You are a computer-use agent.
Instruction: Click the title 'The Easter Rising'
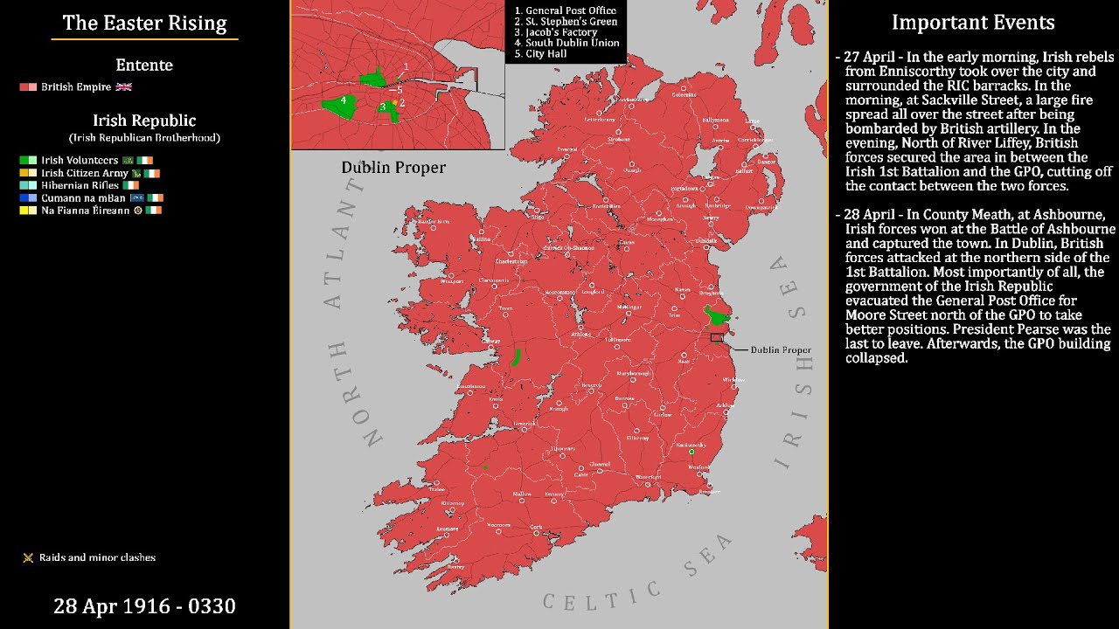(144, 24)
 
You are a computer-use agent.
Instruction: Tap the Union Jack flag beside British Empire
(123, 87)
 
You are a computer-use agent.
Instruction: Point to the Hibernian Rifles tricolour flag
(131, 185)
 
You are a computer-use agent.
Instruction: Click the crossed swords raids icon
(28, 557)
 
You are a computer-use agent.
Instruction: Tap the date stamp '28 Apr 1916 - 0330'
(144, 605)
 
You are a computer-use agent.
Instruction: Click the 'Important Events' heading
(973, 23)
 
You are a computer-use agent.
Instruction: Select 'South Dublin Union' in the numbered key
(572, 43)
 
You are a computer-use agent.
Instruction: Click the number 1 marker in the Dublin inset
(406, 67)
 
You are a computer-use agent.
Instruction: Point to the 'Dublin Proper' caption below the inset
(393, 167)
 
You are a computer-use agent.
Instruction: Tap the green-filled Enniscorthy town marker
(692, 452)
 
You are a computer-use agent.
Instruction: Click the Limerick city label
(525, 424)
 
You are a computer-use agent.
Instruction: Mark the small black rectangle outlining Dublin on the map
(717, 337)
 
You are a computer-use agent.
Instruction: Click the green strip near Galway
(517, 357)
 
